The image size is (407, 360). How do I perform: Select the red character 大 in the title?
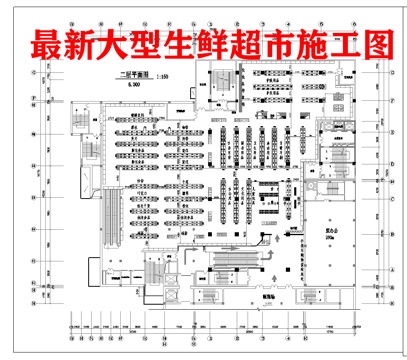pyautogui.click(x=115, y=46)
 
